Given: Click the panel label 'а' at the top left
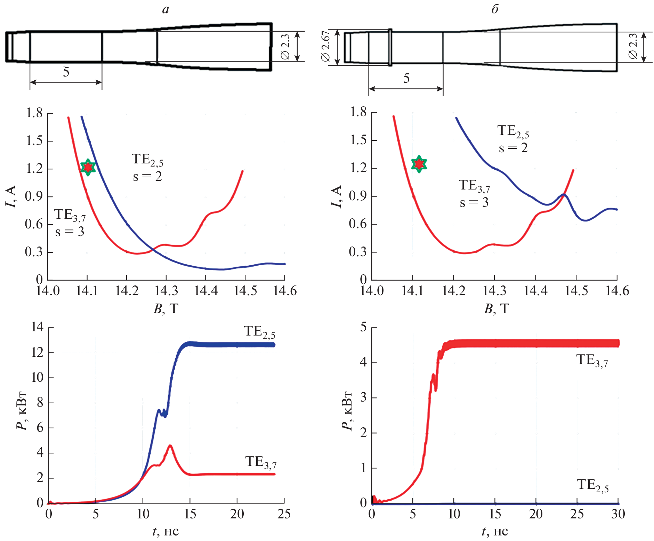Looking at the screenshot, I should [165, 9].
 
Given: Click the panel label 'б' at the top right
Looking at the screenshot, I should [495, 9].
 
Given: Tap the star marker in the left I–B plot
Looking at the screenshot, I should [88, 167].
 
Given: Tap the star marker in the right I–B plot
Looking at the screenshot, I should [419, 164].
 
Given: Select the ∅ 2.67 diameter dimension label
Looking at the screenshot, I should [326, 46].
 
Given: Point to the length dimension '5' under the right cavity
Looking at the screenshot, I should [406, 79].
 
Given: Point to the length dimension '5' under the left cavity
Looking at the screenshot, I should [66, 72].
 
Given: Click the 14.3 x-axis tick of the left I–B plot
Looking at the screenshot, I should [166, 291].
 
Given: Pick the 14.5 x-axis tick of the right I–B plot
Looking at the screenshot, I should [576, 291].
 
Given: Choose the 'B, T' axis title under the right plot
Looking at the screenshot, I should [496, 309].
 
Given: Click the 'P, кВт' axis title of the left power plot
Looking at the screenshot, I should [22, 411].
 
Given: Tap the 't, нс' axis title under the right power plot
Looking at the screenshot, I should [495, 531].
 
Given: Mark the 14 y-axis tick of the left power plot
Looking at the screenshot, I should [37, 327].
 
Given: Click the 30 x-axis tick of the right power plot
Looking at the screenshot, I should [618, 514].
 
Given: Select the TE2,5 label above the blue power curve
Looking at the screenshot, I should [259, 332].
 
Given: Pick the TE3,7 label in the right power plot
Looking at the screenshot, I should [592, 360].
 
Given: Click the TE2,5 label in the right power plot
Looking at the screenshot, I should [593, 485].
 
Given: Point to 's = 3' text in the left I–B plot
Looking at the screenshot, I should [70, 232].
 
